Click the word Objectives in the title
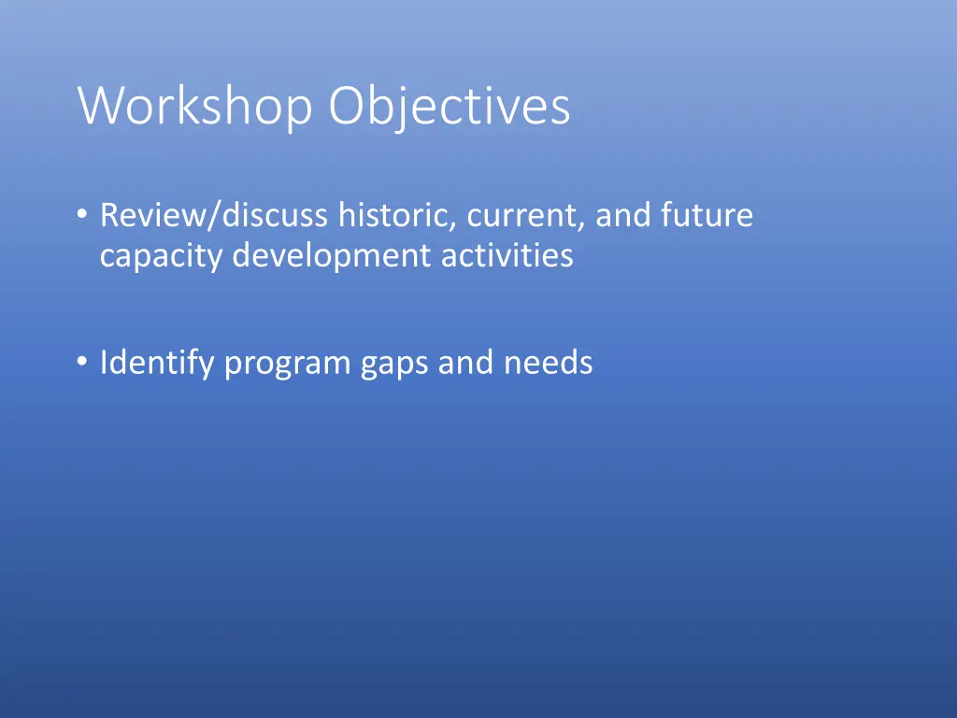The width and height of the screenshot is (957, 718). point(449,107)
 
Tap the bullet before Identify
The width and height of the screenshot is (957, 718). point(83,362)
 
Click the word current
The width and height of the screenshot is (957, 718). point(526,215)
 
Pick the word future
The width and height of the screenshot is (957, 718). point(707,215)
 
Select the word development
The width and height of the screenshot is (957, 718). point(331,256)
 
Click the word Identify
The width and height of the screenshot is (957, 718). point(157,362)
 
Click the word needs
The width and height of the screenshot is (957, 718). point(549,362)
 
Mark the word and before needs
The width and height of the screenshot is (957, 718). point(466,362)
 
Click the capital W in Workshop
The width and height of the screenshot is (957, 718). point(98,107)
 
